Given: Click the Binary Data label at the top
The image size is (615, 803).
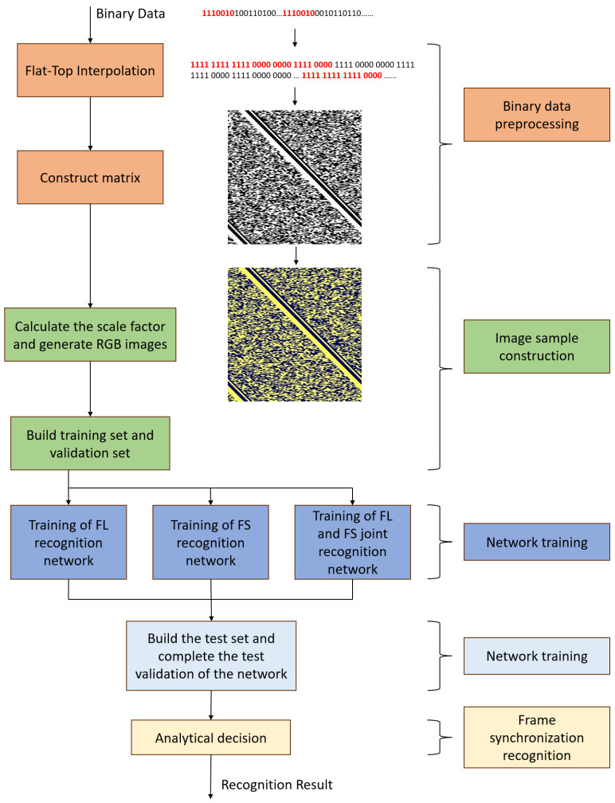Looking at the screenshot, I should [130, 14].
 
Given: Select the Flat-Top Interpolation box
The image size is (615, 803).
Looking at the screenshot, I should [90, 69].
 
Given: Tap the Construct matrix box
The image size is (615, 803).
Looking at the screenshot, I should [90, 178].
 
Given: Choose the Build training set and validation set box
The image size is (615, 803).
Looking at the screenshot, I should [90, 445].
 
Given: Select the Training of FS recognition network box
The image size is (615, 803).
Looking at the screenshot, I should [210, 542].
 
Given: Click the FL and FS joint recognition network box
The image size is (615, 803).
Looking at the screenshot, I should [351, 542].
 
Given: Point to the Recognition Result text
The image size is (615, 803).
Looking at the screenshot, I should [276, 785].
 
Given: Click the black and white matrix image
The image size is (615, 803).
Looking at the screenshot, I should [295, 177].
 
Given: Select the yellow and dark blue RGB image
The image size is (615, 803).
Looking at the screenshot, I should [295, 334].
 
